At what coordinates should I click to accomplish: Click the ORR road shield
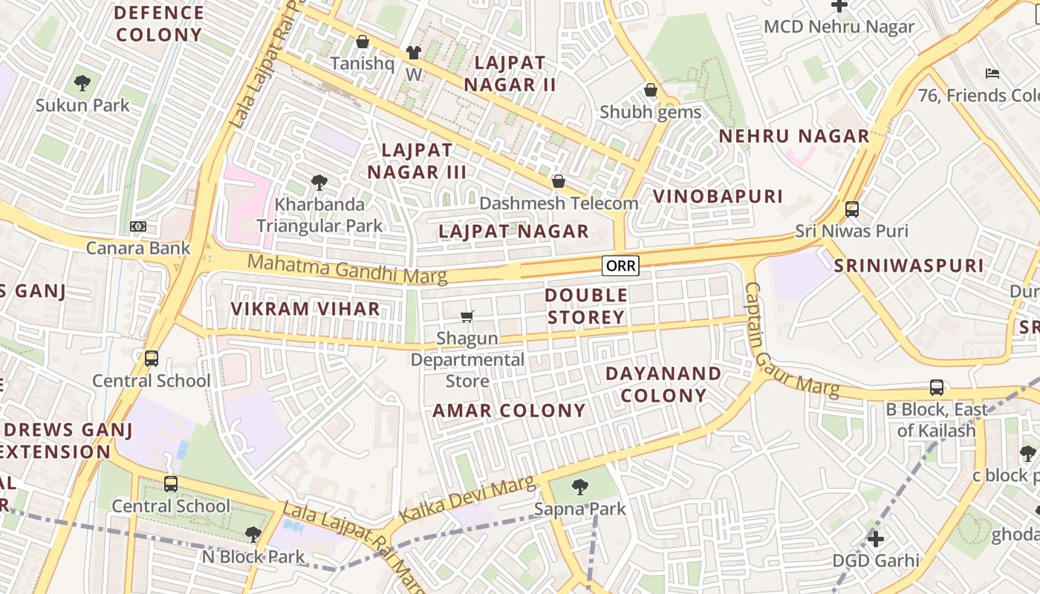coord(620,266)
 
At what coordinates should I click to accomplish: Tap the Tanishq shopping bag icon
coord(363,42)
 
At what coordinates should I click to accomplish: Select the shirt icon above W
coord(413,53)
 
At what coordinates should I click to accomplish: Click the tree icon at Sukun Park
coord(82,83)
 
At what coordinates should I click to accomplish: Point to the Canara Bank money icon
coord(138,226)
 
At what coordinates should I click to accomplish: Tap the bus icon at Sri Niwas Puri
coord(852,209)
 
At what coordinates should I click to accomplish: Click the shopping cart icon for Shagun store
coord(467,317)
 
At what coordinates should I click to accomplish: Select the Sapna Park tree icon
coord(580,487)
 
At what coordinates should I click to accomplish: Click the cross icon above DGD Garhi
coord(876,538)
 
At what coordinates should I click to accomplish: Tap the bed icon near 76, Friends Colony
coord(992,73)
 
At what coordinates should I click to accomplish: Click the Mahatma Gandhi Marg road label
coord(347,269)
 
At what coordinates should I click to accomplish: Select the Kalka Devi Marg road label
coord(467,500)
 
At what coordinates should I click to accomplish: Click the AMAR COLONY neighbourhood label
coord(509,411)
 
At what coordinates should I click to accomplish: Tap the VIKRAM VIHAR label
coord(305,309)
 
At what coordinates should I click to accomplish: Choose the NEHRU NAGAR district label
coord(793,136)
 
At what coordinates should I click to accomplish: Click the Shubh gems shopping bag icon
coord(651,91)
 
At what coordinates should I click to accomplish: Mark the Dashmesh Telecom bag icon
coord(559,181)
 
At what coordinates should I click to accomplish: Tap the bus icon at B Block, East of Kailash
coord(937,387)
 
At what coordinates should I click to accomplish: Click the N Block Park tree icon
coord(253,534)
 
